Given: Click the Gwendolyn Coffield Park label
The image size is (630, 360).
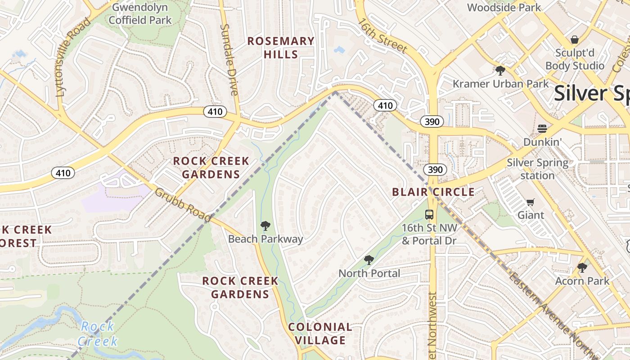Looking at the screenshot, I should [x=140, y=13].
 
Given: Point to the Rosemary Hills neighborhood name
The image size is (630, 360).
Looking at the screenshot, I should [x=281, y=48].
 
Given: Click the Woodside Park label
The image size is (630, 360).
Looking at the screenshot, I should [x=504, y=7].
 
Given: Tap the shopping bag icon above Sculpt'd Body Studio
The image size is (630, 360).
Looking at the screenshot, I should [x=574, y=40].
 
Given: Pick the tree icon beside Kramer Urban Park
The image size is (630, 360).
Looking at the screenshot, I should [x=499, y=71].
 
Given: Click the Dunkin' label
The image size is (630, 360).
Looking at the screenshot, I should [x=542, y=142].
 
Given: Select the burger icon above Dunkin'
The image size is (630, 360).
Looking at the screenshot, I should [x=542, y=129].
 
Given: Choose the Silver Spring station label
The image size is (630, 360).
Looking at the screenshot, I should [x=538, y=169].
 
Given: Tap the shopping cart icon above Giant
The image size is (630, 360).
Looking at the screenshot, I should [x=531, y=202].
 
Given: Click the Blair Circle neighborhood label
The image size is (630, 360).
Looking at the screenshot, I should [x=433, y=192].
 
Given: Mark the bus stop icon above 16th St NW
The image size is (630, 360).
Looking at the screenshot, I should [x=429, y=215].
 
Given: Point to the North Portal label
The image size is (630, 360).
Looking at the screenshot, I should [x=369, y=273].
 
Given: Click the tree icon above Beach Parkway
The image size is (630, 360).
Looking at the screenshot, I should [x=265, y=226].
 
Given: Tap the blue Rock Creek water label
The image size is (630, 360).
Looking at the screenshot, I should [x=98, y=333].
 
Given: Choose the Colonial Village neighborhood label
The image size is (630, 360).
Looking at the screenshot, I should [x=320, y=333].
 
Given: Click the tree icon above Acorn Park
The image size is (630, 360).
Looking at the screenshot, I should [x=582, y=268].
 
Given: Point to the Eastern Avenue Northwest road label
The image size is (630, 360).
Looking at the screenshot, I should [x=553, y=310].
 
